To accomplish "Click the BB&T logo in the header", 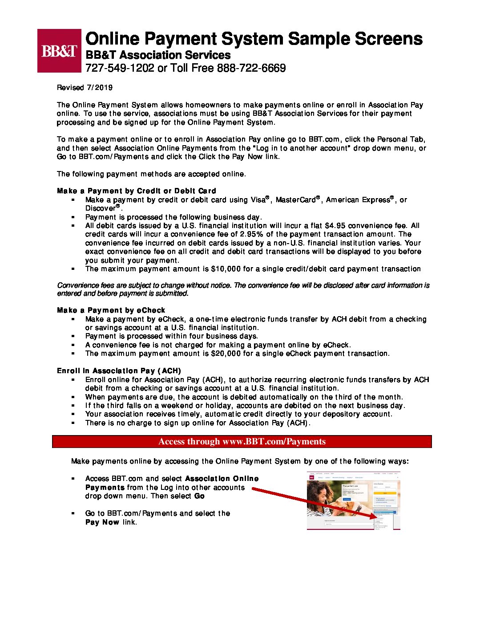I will pyautogui.click(x=59, y=51).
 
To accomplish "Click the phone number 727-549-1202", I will pyautogui.click(x=120, y=68).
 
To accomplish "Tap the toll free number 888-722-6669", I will pyautogui.click(x=251, y=68).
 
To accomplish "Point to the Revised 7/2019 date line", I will pyautogui.click(x=85, y=88).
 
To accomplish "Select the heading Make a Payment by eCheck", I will pyautogui.click(x=111, y=310).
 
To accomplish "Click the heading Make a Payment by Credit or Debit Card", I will pyautogui.click(x=136, y=191).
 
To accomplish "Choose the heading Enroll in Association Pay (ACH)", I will pyautogui.click(x=119, y=371).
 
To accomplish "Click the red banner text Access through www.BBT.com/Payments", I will pyautogui.click(x=242, y=442).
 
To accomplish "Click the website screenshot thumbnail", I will pyautogui.click(x=354, y=501).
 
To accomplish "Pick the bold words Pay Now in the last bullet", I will pyautogui.click(x=102, y=522).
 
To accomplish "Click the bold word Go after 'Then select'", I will pyautogui.click(x=199, y=496).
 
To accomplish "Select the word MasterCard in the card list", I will pyautogui.click(x=295, y=200).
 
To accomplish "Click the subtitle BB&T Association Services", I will pyautogui.click(x=158, y=55).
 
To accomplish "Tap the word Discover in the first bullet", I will pyautogui.click(x=101, y=208).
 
